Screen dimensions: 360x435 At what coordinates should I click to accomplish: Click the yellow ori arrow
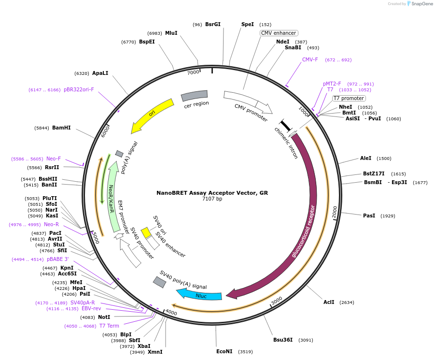coord(153,114)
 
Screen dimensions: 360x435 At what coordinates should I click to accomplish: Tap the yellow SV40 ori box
coord(146,232)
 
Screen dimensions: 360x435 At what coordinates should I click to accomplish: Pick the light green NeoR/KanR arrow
coord(114,197)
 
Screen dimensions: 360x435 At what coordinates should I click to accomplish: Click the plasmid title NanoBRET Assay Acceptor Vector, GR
coord(212,192)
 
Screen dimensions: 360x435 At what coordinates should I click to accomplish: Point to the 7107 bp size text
coord(212,199)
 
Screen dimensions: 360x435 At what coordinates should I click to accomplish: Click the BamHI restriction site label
coord(61,128)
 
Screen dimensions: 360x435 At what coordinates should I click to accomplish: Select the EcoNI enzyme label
coord(225,351)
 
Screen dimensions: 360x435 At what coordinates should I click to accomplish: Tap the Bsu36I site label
coord(283,340)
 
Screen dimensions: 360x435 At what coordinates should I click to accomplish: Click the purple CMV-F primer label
coord(310,60)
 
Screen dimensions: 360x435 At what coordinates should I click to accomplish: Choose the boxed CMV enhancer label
coord(279,33)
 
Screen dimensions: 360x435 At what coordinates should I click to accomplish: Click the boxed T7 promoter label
coord(349,98)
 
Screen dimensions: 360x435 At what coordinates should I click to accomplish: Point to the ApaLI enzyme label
coord(100,73)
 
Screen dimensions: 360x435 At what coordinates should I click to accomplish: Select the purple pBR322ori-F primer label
coord(79,89)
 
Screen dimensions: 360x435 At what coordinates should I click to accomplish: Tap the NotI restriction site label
coord(104,317)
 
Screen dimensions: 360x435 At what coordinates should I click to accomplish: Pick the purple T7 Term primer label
coord(109,326)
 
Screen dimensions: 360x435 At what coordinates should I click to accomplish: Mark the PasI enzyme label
coord(369,216)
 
